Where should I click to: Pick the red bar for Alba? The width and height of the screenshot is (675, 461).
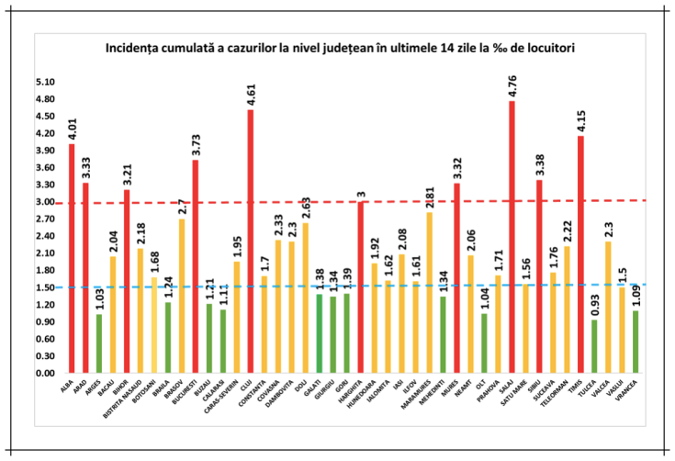pyautogui.click(x=71, y=258)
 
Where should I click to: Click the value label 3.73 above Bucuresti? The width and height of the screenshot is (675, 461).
pyautogui.click(x=195, y=143)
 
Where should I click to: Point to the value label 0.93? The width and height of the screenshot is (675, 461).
pyautogui.click(x=594, y=304)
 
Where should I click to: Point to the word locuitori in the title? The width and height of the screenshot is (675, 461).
pyautogui.click(x=546, y=46)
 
